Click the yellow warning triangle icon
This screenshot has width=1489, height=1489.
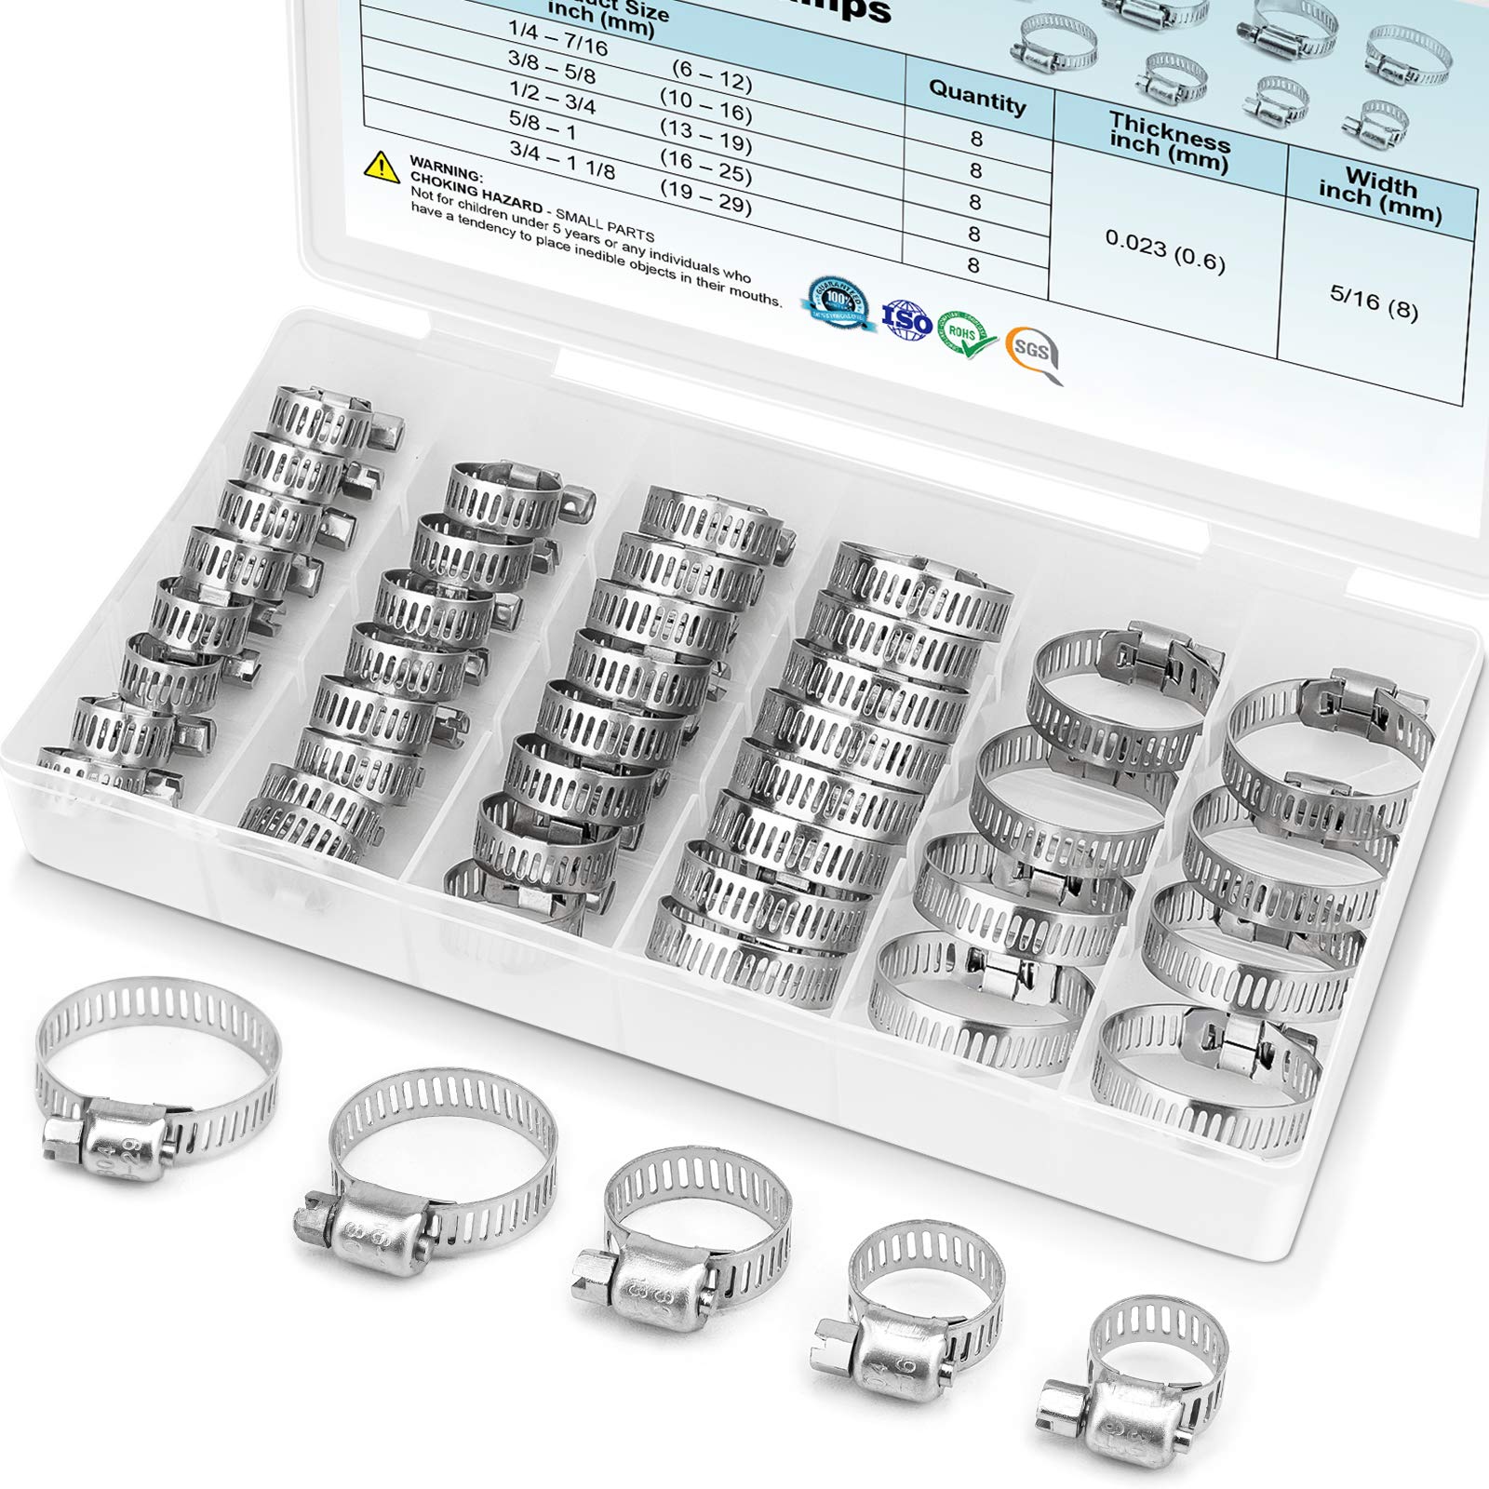[382, 166]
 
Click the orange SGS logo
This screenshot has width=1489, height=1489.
[1033, 354]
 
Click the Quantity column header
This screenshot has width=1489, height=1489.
[977, 96]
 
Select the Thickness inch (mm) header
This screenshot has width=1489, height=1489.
[1170, 142]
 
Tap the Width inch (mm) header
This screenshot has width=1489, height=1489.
[1381, 195]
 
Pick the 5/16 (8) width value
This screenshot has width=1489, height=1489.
[1374, 302]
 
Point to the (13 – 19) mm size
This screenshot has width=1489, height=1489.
[705, 141]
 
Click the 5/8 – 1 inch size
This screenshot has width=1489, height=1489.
[556, 128]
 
